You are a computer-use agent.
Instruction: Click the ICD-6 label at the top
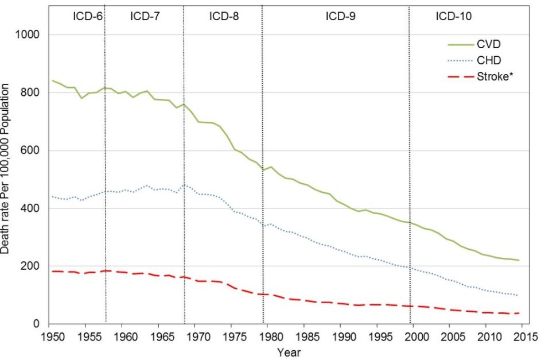[x=87, y=16]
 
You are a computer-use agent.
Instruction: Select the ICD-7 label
[x=145, y=16]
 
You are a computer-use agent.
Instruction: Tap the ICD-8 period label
[x=224, y=16]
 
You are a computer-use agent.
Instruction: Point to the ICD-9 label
[x=340, y=16]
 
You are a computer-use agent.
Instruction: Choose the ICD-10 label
[x=453, y=16]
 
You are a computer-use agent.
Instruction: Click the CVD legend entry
[x=488, y=44]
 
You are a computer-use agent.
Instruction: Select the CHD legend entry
[x=488, y=59]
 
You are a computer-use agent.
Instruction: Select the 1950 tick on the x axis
[x=52, y=336]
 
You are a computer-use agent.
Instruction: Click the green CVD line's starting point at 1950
[x=52, y=80]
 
